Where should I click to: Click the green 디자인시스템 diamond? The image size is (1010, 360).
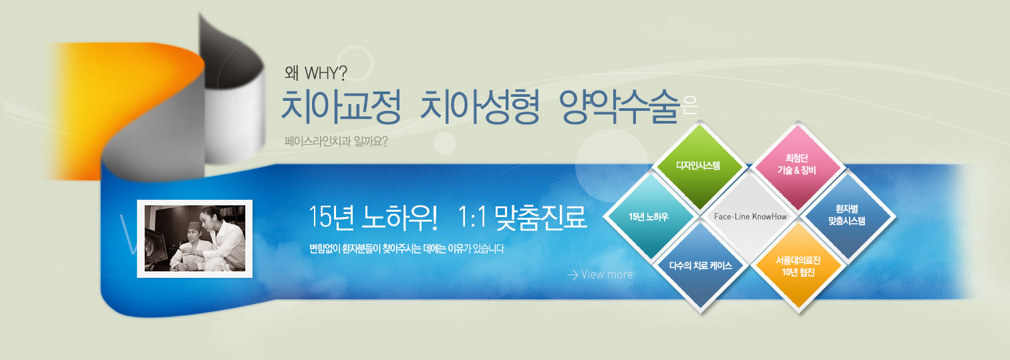[699, 166]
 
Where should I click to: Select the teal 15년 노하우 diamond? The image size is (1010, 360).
[649, 216]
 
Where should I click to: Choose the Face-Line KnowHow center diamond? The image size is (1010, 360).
[750, 216]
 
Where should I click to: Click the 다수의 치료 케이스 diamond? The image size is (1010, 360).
[700, 266]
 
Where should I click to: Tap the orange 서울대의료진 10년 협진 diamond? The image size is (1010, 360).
[798, 266]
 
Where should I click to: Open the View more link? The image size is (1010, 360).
[607, 275]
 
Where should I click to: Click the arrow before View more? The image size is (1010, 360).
[572, 275]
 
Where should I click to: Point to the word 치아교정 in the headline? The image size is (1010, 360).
[341, 106]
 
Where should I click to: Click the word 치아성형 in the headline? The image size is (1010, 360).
[480, 106]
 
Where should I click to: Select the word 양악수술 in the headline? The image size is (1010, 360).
[619, 106]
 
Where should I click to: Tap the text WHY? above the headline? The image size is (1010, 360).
[326, 73]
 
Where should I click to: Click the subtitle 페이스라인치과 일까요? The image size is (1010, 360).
[336, 142]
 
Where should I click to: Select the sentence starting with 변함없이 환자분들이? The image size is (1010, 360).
[407, 248]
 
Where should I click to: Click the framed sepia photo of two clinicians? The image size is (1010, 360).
[195, 239]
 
